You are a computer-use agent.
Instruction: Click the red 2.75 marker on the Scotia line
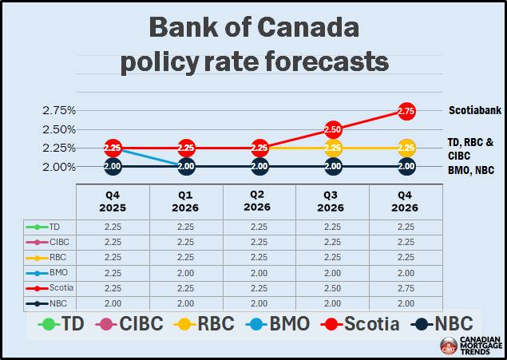pyautogui.click(x=406, y=110)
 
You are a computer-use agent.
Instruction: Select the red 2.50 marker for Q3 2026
pyautogui.click(x=333, y=129)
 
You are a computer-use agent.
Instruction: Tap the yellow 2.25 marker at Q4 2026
pyautogui.click(x=406, y=148)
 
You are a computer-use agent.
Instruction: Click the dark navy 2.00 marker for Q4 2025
pyautogui.click(x=113, y=166)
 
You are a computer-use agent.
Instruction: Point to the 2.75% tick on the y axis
pyautogui.click(x=59, y=110)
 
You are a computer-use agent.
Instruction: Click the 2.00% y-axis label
pyautogui.click(x=59, y=167)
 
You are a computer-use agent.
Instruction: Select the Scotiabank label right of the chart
pyautogui.click(x=474, y=110)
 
